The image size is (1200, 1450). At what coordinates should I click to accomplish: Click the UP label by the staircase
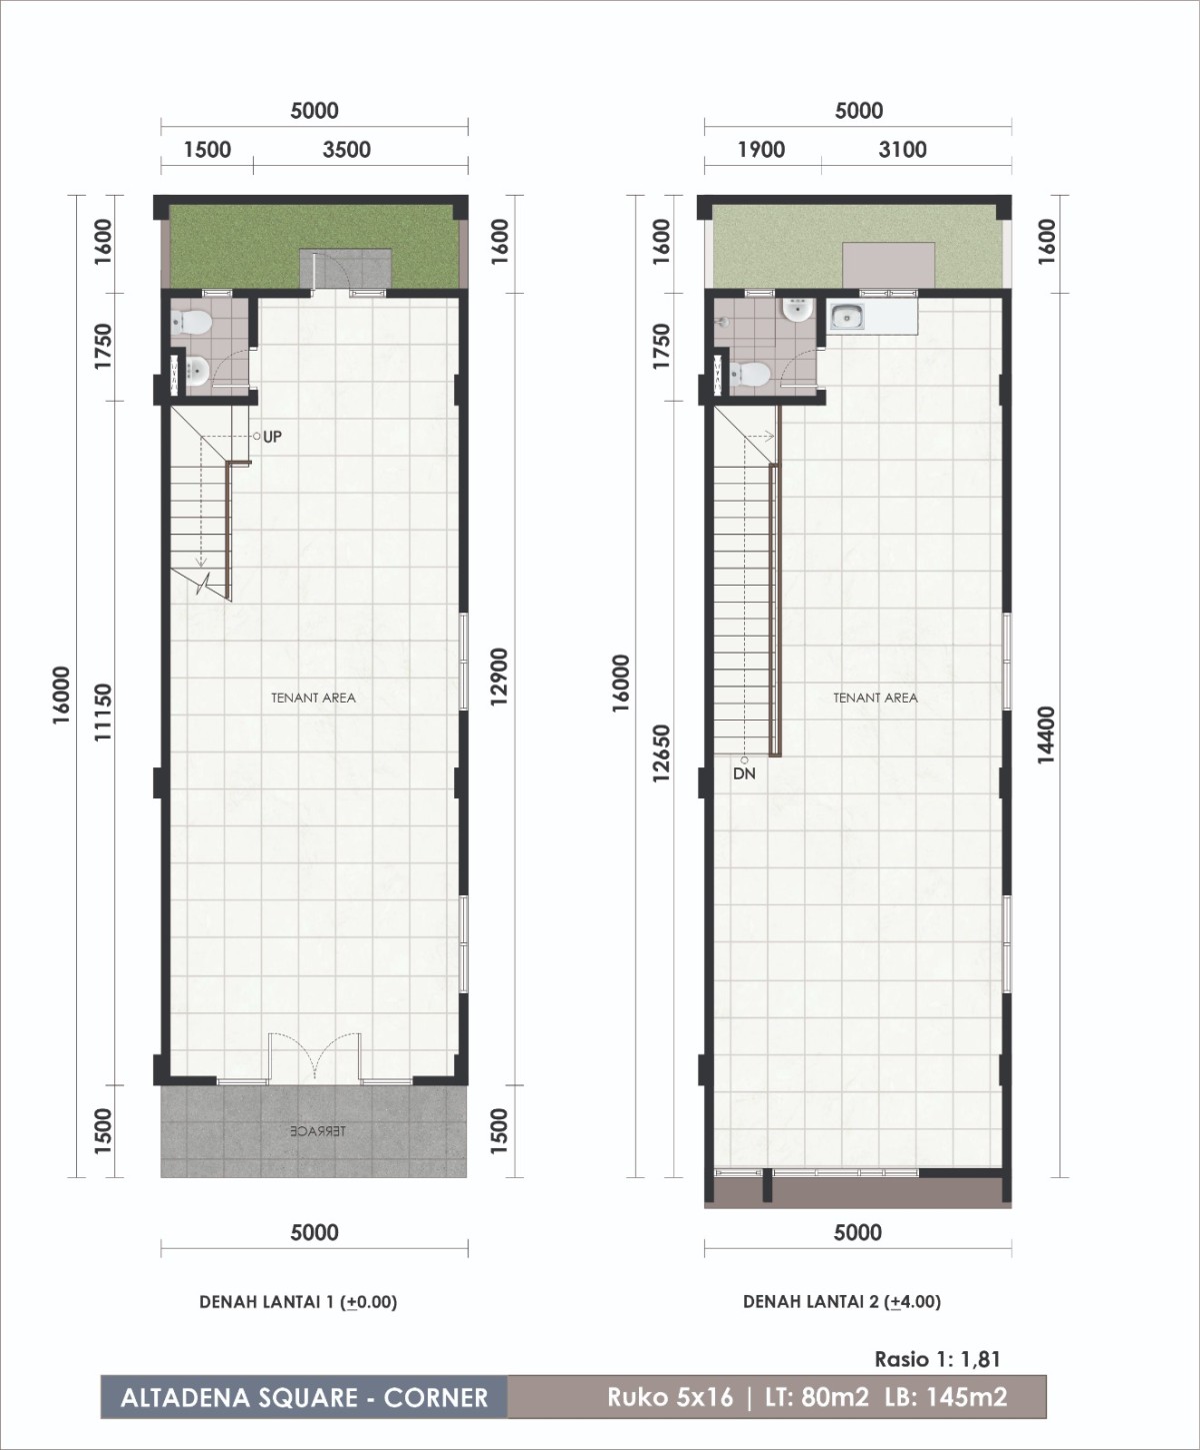[x=272, y=437]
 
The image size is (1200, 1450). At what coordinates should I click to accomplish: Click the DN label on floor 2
[x=744, y=773]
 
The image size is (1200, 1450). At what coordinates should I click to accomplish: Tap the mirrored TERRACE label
[x=318, y=1131]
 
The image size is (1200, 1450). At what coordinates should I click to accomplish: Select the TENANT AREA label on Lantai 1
[x=313, y=698]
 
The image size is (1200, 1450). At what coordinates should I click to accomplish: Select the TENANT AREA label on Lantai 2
[x=876, y=698]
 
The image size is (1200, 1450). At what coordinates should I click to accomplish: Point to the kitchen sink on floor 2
[x=847, y=318]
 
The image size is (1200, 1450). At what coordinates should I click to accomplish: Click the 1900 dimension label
[x=762, y=150]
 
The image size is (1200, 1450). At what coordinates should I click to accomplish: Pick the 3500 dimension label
[x=347, y=150]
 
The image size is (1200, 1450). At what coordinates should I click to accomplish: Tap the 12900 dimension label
[x=499, y=678]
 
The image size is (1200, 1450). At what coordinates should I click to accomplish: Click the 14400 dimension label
[x=1046, y=735]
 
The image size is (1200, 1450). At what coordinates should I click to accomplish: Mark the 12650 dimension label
[x=661, y=754]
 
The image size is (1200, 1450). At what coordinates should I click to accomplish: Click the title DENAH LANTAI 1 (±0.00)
[x=298, y=1302]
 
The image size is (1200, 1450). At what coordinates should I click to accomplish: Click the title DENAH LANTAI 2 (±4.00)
[x=842, y=1302]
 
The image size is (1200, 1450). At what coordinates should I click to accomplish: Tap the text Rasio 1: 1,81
[x=937, y=1359]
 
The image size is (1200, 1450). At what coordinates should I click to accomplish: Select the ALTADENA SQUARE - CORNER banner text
[x=304, y=1398]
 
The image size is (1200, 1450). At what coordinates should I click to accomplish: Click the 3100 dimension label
[x=903, y=150]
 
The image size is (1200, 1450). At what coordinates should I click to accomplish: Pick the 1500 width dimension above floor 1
[x=207, y=150]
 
